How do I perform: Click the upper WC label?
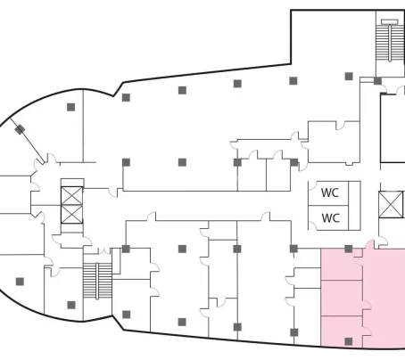click(x=330, y=192)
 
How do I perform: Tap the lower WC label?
click(x=331, y=218)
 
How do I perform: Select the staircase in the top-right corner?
click(x=390, y=43)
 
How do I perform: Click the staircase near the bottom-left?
click(x=97, y=280)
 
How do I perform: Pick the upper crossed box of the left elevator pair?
click(x=72, y=196)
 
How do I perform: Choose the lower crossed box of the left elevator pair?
click(x=72, y=214)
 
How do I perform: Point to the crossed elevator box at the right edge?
click(x=392, y=204)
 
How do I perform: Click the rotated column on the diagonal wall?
click(x=20, y=129)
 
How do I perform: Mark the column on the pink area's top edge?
click(x=349, y=249)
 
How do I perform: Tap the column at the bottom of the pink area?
click(x=349, y=341)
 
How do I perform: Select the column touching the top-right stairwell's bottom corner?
click(x=377, y=80)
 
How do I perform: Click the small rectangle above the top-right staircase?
click(x=390, y=21)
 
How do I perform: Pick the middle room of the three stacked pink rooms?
click(x=342, y=298)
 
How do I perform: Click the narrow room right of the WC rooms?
click(x=354, y=206)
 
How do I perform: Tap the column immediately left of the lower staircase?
click(x=71, y=305)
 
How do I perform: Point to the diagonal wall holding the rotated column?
click(x=28, y=141)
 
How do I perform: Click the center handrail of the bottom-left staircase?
click(x=97, y=281)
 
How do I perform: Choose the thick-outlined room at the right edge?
click(x=393, y=128)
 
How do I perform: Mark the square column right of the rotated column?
click(x=70, y=107)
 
